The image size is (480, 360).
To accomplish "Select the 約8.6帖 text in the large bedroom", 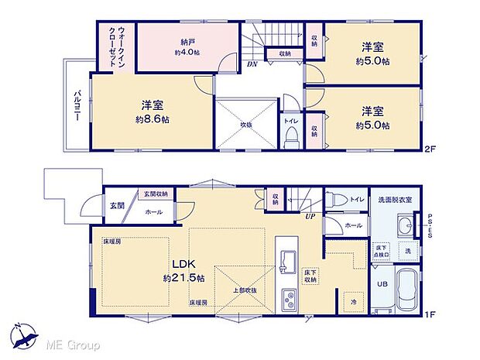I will coord(151,121).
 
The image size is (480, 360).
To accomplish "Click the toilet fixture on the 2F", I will coord(292,137).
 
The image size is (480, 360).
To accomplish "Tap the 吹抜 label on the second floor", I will coord(245,124).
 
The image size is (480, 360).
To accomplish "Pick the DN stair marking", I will coord(252,64).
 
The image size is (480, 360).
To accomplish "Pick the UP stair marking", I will coord(310,217).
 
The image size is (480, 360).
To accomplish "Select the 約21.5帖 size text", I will coord(184,278).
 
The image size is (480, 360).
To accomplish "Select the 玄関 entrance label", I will coord(116,206).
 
